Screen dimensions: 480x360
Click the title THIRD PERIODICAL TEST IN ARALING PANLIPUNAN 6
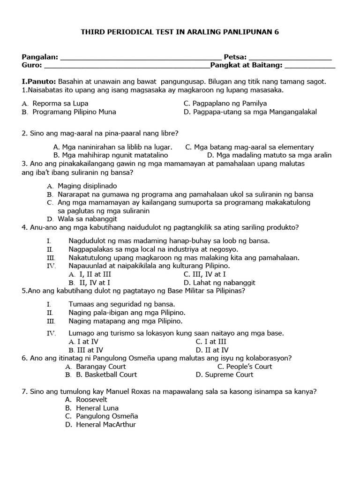pyautogui.click(x=180, y=32)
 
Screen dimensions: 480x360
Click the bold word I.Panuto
pyautogui.click(x=39, y=81)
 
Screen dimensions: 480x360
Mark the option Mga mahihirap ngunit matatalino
pyautogui.click(x=111, y=155)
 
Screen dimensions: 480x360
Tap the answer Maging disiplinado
pyautogui.click(x=87, y=186)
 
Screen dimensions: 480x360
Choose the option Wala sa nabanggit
pyautogui.click(x=87, y=219)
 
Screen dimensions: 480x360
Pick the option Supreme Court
pyautogui.click(x=224, y=375)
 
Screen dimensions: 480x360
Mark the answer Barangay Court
pyautogui.click(x=96, y=367)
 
